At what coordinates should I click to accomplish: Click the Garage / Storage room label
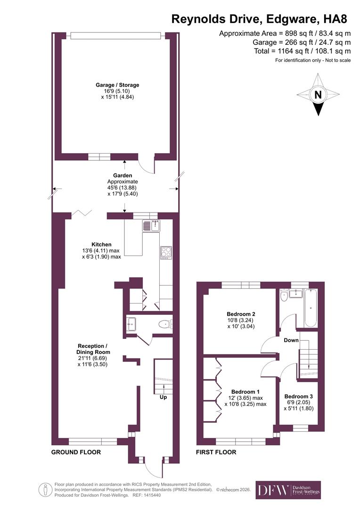pyautogui.click(x=117, y=85)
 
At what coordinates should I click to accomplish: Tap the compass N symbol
pyautogui.click(x=319, y=95)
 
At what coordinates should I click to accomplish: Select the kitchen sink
pyautogui.click(x=152, y=226)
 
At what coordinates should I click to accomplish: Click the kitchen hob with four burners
pyautogui.click(x=166, y=253)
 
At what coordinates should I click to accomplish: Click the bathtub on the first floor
pyautogui.click(x=311, y=309)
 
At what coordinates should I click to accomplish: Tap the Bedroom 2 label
pyautogui.click(x=241, y=314)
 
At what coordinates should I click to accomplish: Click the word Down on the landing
pyautogui.click(x=291, y=340)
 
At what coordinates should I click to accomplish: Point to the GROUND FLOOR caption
pyautogui.click(x=76, y=452)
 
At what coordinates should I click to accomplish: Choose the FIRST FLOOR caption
pyautogui.click(x=216, y=452)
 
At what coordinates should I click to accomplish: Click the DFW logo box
pyautogui.click(x=288, y=490)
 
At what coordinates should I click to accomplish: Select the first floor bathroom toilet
pyautogui.click(x=284, y=296)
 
